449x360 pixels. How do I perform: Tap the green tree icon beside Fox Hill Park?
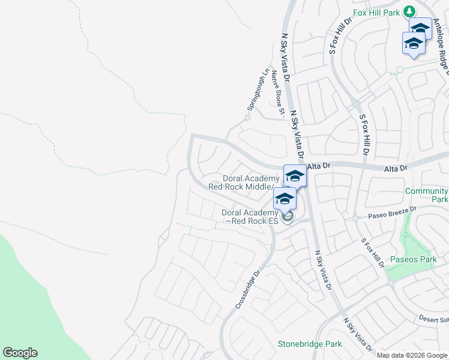pyautogui.click(x=409, y=11)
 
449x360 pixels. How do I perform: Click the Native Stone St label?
pyautogui.click(x=277, y=92)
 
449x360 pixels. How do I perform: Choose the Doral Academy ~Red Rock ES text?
pyautogui.click(x=250, y=217)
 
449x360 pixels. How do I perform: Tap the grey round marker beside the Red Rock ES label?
pyautogui.click(x=288, y=217)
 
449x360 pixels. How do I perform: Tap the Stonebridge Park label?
pyautogui.click(x=310, y=344)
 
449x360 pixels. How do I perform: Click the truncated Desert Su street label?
pyautogui.click(x=433, y=319)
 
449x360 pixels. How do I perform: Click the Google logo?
pyautogui.click(x=20, y=353)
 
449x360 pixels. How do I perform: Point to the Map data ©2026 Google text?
pyautogui.click(x=412, y=355)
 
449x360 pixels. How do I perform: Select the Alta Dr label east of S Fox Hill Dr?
pyautogui.click(x=396, y=170)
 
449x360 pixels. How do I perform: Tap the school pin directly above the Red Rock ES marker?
pyautogui.click(x=284, y=199)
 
